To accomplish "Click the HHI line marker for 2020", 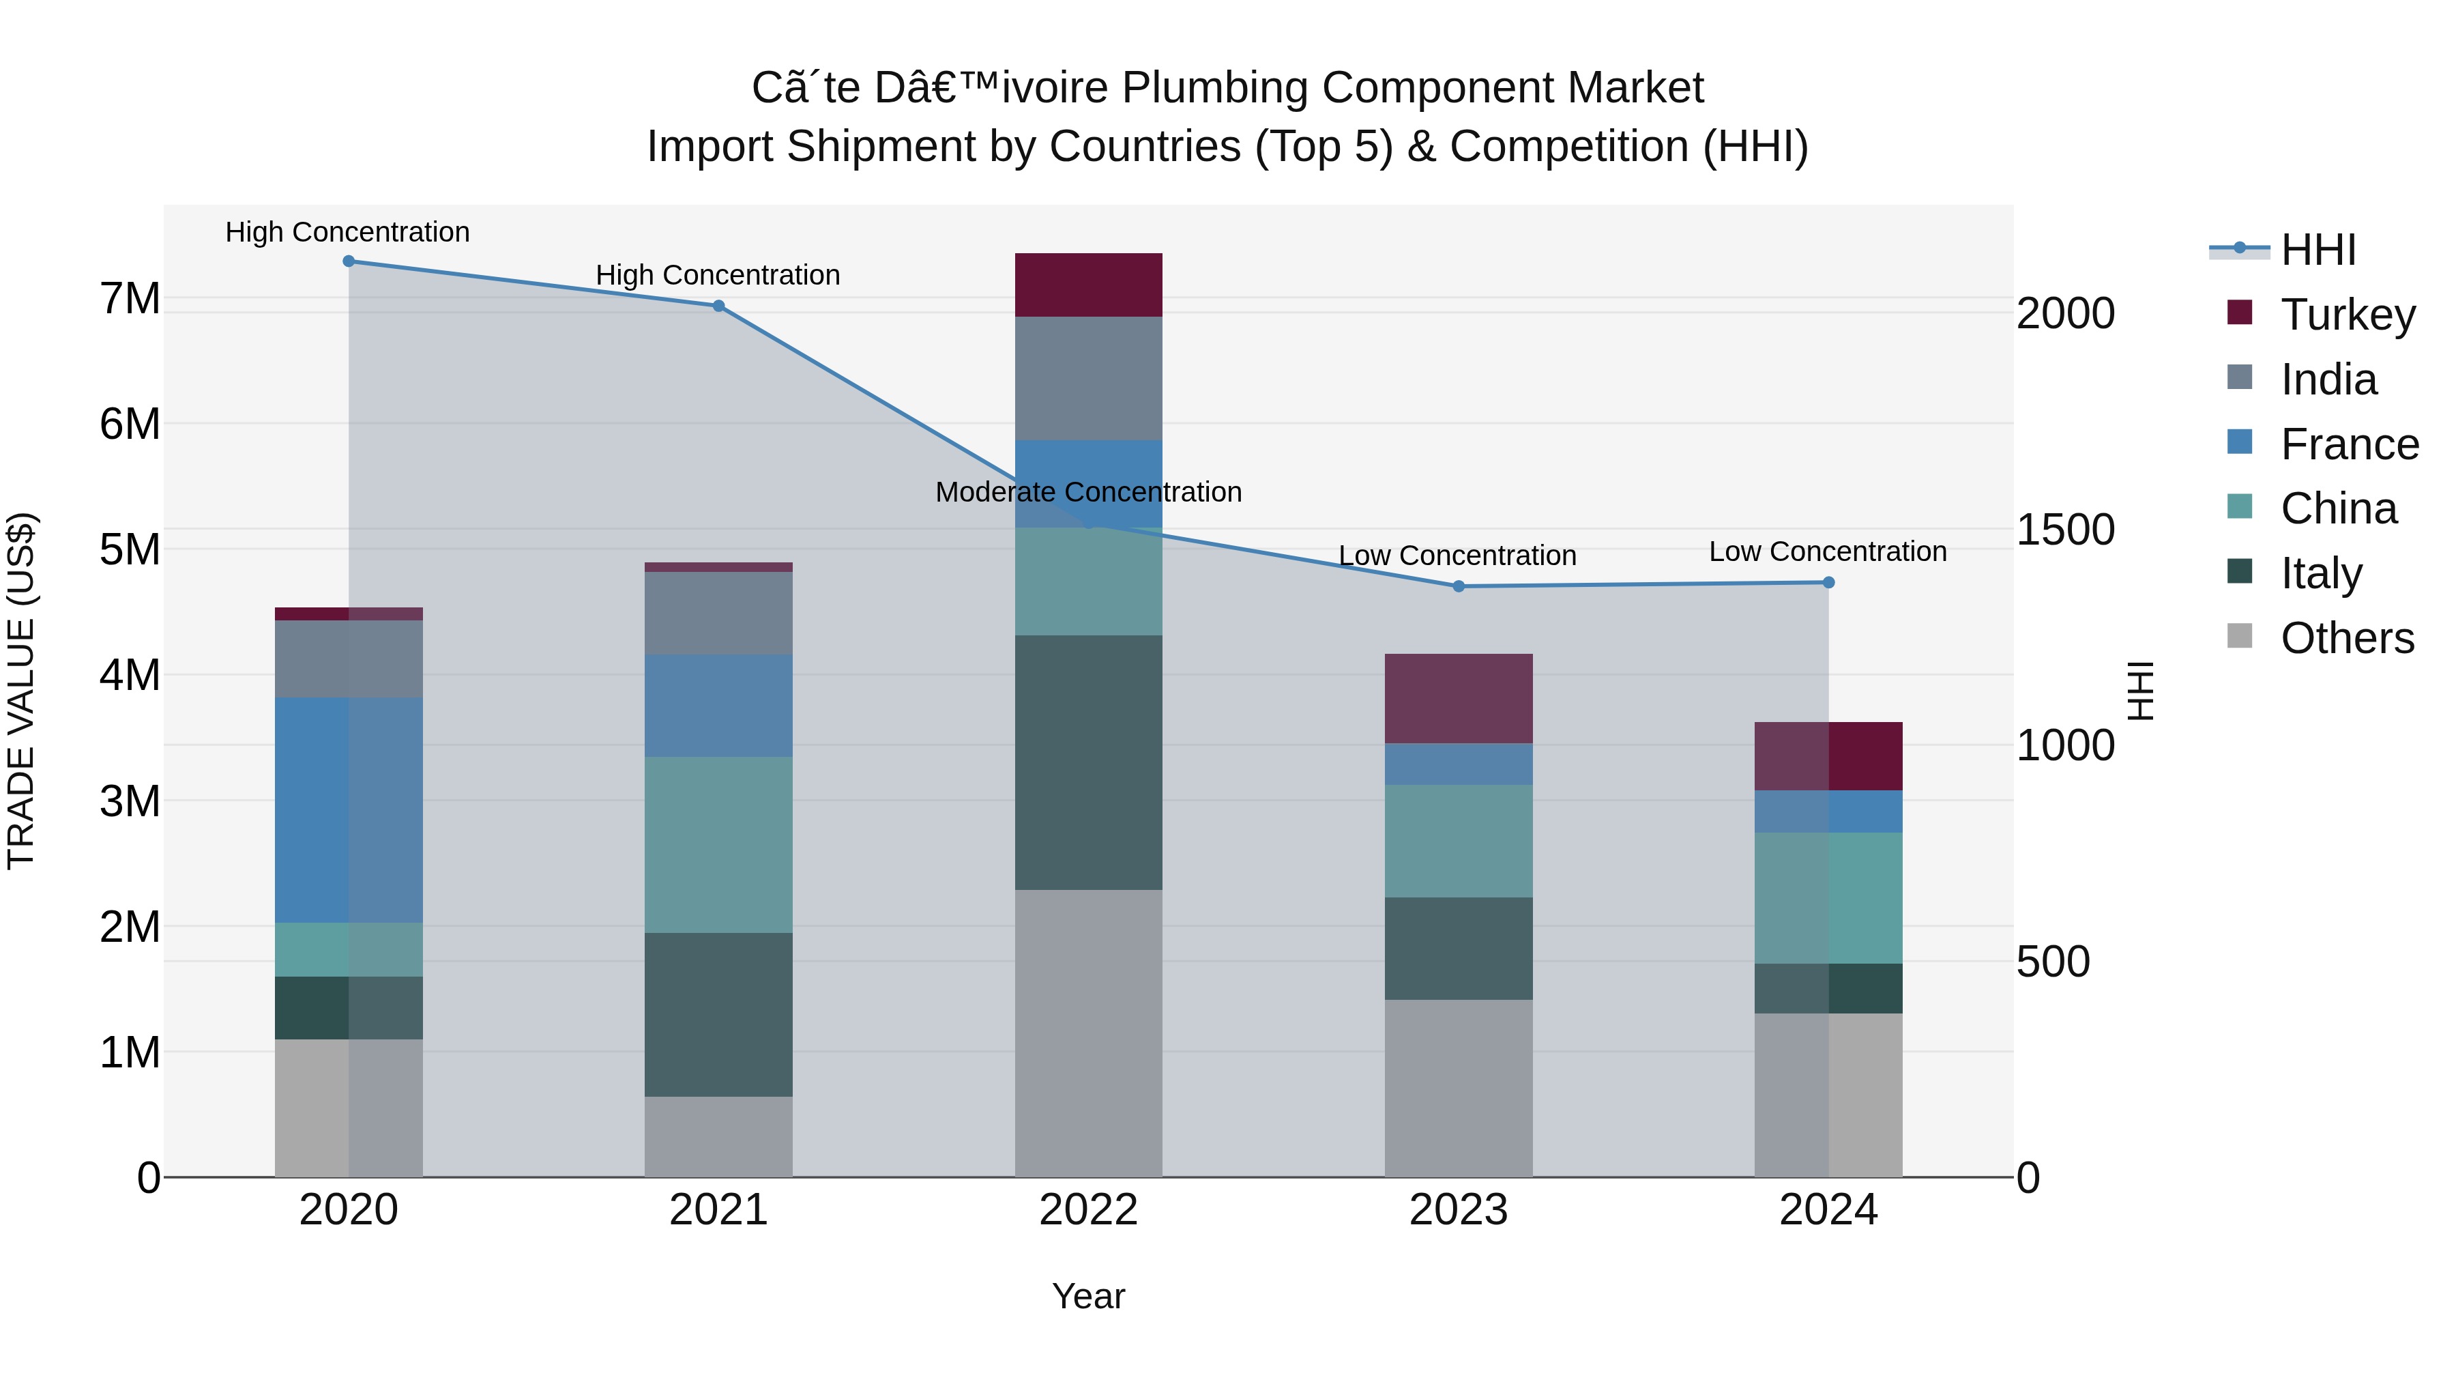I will [x=348, y=261].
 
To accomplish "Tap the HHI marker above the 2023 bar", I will [x=1458, y=586].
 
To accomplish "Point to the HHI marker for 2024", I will [x=1828, y=583].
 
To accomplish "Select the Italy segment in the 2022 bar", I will [x=1088, y=763].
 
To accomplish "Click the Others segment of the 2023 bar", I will [x=1458, y=1089].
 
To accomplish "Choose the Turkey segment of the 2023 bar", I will [x=1458, y=699].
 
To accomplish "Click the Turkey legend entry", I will [x=2348, y=315].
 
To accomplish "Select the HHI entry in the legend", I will [x=2318, y=250].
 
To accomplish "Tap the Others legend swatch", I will [x=2240, y=636].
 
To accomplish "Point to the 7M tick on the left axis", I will [x=130, y=298].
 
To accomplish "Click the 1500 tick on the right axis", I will [x=2065, y=530].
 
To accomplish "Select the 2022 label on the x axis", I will [x=1088, y=1210].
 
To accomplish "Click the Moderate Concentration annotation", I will [x=1088, y=492].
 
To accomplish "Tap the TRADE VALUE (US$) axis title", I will [x=21, y=691].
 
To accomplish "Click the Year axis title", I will [x=1088, y=1296].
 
